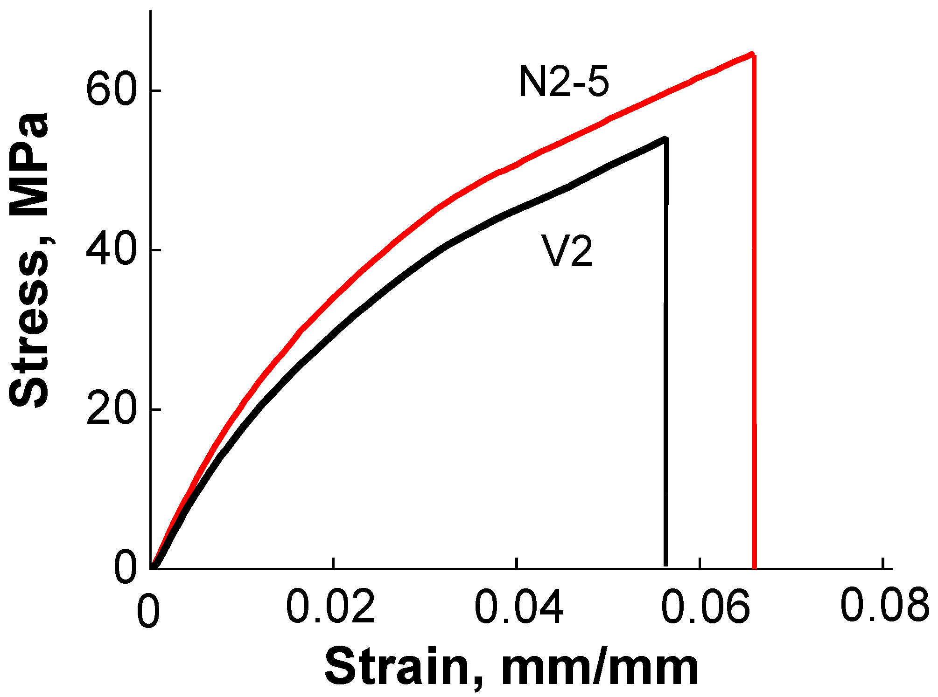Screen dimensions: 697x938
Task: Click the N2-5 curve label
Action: coord(564,82)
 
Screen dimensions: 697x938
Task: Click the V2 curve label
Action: coord(567,251)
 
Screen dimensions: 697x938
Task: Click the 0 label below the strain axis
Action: coord(148,611)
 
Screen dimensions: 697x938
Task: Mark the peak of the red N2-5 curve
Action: coord(751,54)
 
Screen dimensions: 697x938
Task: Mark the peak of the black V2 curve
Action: coord(665,138)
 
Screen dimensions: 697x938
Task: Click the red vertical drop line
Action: coord(754,326)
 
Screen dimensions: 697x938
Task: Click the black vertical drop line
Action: coord(666,373)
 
